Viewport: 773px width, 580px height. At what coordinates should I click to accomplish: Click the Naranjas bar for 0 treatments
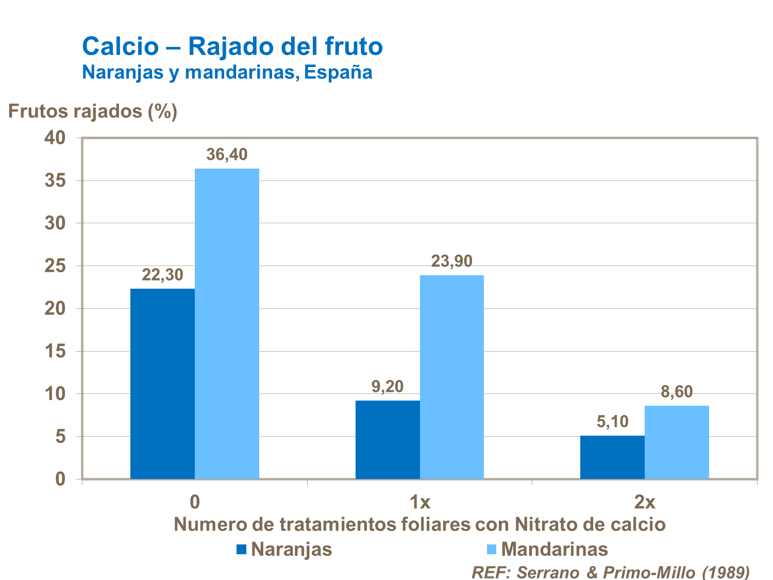(x=162, y=384)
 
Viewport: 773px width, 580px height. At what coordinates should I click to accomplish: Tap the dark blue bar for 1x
(x=388, y=440)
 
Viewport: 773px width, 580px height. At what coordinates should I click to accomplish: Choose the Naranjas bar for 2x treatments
(x=612, y=457)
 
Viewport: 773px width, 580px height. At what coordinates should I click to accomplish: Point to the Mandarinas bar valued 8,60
(x=677, y=442)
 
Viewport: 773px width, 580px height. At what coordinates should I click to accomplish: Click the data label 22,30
(x=162, y=275)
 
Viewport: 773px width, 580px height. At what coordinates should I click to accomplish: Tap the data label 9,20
(x=388, y=386)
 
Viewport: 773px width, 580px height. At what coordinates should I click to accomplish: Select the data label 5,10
(x=612, y=422)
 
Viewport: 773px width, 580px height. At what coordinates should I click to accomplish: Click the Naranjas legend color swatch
(x=242, y=549)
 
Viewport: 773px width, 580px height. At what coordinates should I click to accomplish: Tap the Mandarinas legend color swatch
(x=491, y=549)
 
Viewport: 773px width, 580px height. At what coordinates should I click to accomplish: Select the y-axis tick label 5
(x=60, y=437)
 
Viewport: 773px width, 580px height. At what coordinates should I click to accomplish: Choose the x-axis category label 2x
(x=644, y=501)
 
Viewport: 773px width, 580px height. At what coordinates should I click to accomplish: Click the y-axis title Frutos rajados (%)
(x=93, y=111)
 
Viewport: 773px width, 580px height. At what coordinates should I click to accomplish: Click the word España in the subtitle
(x=338, y=72)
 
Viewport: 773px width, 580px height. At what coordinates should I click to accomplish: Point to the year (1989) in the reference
(x=726, y=571)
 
